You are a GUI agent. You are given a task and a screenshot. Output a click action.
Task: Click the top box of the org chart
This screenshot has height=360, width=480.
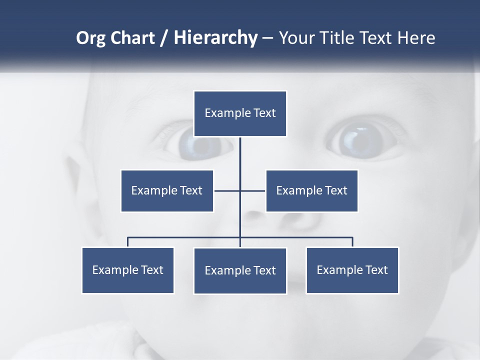point(240,113)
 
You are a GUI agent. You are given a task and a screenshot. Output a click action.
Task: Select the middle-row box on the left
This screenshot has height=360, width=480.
point(167,190)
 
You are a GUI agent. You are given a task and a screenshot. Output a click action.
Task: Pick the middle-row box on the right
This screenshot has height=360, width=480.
point(311,190)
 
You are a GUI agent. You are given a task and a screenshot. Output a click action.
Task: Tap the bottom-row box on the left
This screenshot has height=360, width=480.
point(128,270)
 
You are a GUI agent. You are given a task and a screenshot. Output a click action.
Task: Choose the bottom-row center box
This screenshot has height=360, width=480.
point(240,270)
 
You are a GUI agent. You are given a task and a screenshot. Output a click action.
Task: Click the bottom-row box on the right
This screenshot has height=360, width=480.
point(352,270)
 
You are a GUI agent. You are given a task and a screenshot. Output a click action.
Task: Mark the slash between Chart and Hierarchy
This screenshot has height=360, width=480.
point(164,38)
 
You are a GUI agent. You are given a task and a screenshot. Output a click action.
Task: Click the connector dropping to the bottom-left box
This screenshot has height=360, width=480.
point(128,242)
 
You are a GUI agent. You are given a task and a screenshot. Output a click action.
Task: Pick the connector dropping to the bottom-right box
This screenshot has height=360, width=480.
point(352,242)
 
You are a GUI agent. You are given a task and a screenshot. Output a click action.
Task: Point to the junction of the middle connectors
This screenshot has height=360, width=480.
point(240,190)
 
